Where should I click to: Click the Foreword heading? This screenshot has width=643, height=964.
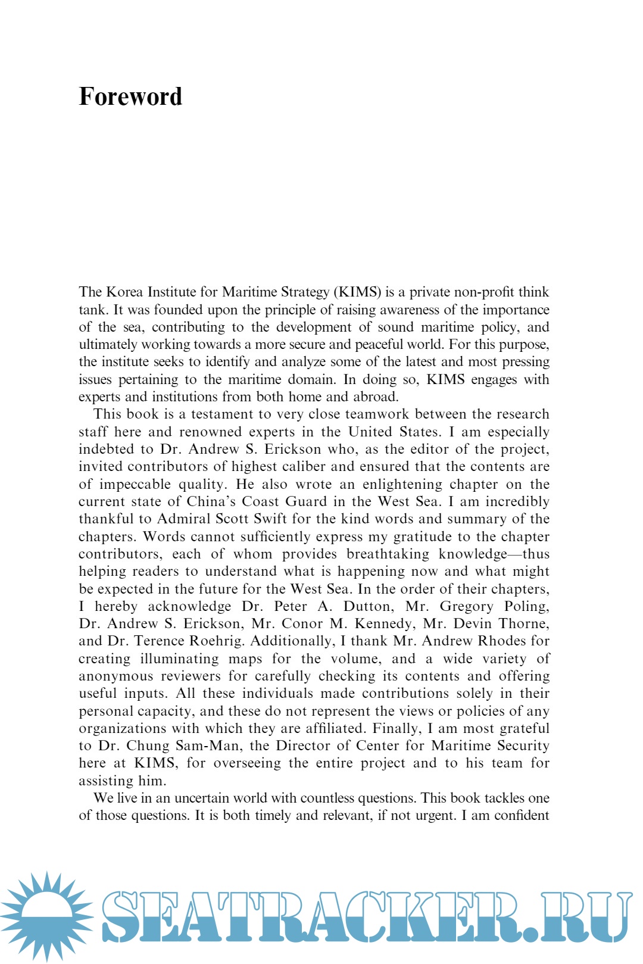[130, 96]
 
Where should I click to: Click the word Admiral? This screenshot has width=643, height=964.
[183, 519]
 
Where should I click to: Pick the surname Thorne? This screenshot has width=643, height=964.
[523, 624]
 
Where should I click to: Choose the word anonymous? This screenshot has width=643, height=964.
[116, 676]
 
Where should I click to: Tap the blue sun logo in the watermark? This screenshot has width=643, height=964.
[46, 915]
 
